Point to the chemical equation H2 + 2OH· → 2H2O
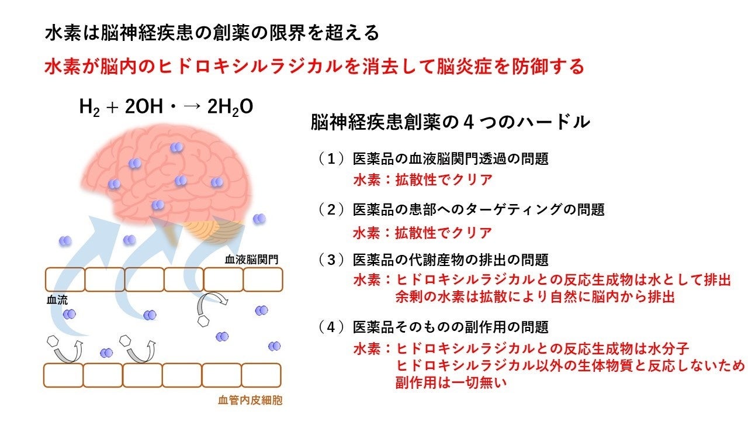coord(166,107)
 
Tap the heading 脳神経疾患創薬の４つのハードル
coord(450,123)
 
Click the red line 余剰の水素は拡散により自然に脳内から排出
coord(535,297)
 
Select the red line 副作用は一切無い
coord(449,384)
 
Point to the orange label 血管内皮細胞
coord(248,401)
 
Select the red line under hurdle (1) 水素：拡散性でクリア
coord(422,180)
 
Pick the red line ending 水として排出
coord(541,280)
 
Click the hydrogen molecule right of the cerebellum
coord(259,219)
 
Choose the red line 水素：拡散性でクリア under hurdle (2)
coord(422,232)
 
